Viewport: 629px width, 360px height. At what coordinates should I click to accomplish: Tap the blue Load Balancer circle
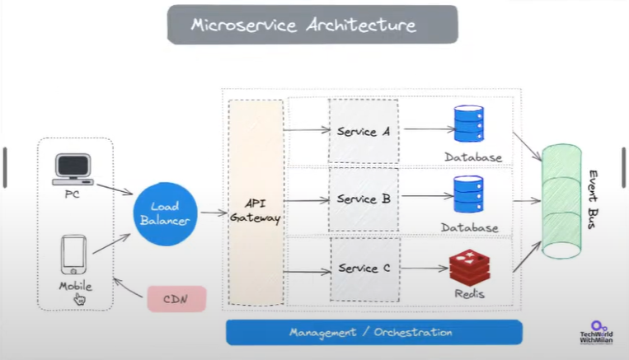(163, 213)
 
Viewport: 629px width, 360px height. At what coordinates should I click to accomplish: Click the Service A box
(364, 131)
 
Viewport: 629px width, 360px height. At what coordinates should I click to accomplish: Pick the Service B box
(364, 199)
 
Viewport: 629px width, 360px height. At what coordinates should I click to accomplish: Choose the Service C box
(364, 269)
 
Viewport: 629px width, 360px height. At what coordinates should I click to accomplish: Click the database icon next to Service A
(469, 124)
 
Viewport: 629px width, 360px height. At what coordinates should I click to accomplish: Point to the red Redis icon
(467, 266)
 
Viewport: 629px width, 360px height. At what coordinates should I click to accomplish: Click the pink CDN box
(176, 298)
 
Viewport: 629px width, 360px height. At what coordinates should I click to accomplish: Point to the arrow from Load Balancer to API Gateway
(213, 213)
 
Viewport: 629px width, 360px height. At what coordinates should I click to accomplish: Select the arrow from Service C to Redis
(424, 269)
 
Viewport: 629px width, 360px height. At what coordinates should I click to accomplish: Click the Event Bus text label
(594, 200)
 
